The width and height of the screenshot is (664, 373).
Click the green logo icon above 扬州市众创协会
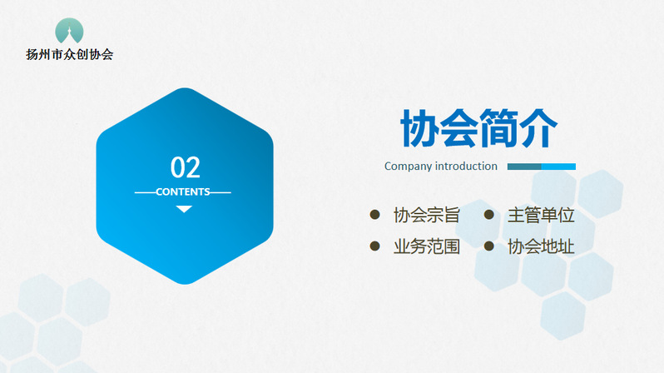click(x=69, y=31)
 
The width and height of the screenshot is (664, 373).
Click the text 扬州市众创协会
click(x=69, y=54)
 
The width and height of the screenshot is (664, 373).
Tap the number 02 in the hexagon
click(x=185, y=167)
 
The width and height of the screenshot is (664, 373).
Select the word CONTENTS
click(x=183, y=192)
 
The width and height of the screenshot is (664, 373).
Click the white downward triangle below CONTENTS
click(x=184, y=208)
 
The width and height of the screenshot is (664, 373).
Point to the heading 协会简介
click(x=479, y=128)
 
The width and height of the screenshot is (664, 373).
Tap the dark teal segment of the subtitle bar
click(x=524, y=167)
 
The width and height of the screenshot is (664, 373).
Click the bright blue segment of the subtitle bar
click(x=558, y=167)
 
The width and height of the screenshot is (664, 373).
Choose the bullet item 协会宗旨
click(x=426, y=215)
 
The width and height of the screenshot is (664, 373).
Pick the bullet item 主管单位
click(x=541, y=215)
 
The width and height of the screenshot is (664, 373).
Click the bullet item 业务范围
click(x=426, y=246)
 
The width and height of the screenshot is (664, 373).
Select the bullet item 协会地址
click(x=541, y=246)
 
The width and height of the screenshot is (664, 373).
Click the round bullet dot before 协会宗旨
click(x=374, y=215)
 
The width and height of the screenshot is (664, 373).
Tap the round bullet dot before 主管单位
click(x=489, y=215)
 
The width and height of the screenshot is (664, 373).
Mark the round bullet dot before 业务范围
click(x=374, y=246)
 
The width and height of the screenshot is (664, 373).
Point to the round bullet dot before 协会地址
click(x=489, y=246)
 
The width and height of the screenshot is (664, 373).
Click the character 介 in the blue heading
click(x=538, y=128)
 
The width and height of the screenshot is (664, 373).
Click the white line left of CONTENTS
click(x=146, y=192)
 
